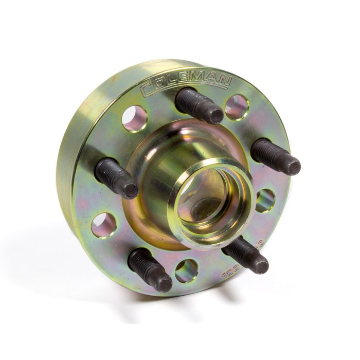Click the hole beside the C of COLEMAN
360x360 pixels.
tap(135, 118)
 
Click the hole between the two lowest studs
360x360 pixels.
tap(186, 271)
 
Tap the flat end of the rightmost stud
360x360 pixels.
tap(294, 166)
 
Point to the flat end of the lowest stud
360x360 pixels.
tap(165, 282)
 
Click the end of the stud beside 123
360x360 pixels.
tap(260, 265)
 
